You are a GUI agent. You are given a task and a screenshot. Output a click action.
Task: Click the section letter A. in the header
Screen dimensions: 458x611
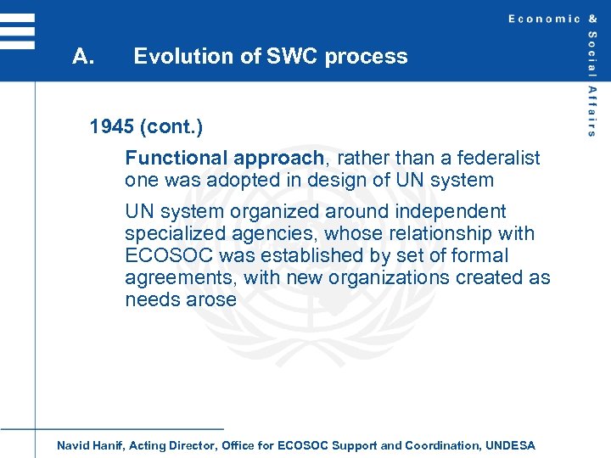(82, 57)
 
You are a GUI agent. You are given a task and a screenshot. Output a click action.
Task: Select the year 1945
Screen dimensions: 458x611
(113, 127)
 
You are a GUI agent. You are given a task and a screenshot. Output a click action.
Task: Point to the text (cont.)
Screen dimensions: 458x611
(172, 127)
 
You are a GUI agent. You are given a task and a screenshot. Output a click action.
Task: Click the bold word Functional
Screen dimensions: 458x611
(177, 158)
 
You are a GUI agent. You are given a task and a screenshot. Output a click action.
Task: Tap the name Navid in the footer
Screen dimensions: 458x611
(73, 445)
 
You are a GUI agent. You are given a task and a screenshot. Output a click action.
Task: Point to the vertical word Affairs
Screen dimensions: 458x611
(591, 110)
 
